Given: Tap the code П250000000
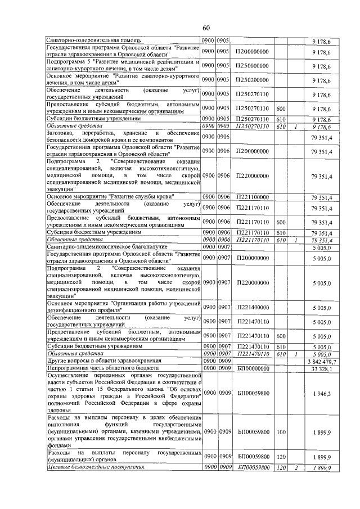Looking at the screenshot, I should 253,66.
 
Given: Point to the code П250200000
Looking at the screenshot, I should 253,79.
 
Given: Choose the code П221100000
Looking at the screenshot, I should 253,196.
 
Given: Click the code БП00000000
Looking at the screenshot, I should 253,369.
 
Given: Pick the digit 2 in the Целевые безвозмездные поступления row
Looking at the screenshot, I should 295,467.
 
